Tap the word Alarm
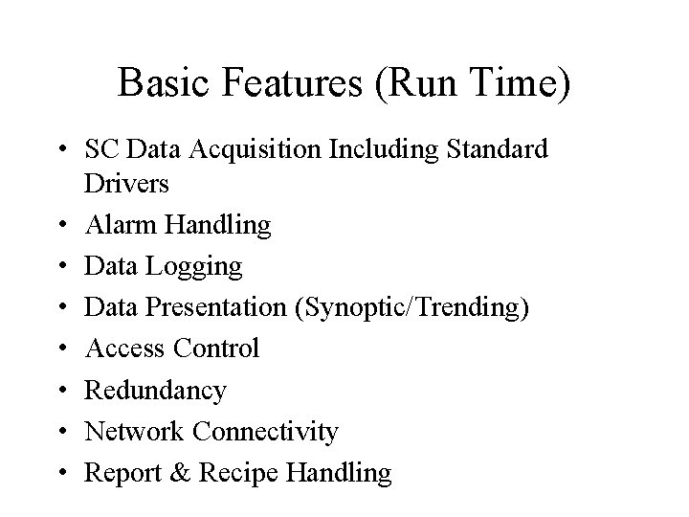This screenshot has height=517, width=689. pyautogui.click(x=121, y=225)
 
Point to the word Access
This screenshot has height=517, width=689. pyautogui.click(x=125, y=348)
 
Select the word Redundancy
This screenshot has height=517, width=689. pyautogui.click(x=156, y=390)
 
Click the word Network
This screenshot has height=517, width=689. pyautogui.click(x=135, y=431)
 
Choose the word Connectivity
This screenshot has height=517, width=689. pyautogui.click(x=265, y=431)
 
